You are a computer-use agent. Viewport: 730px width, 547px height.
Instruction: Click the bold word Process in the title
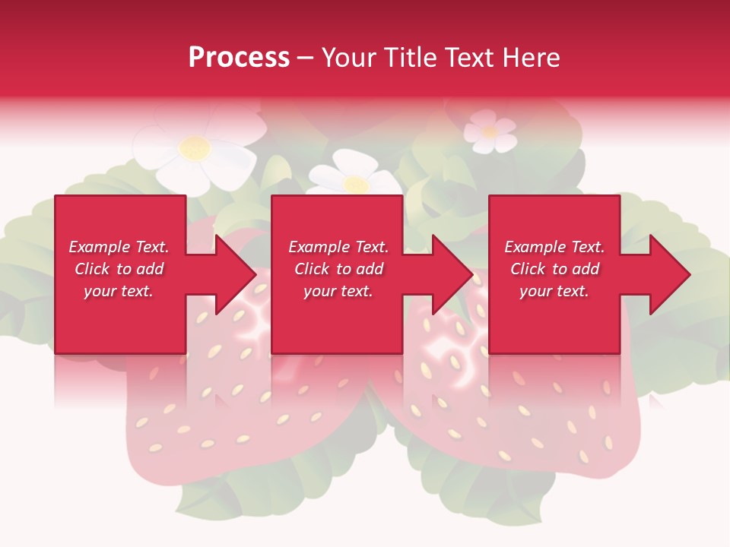[x=239, y=58]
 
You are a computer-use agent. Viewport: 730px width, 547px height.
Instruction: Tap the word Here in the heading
[x=530, y=58]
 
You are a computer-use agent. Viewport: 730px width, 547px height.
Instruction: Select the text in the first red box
[x=119, y=269]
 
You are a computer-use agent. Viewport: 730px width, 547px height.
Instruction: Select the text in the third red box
[x=554, y=269]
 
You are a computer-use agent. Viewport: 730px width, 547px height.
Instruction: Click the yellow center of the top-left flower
[x=195, y=147]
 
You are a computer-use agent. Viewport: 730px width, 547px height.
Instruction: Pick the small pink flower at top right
[x=490, y=131]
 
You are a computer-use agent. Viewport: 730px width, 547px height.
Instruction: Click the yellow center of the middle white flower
[x=355, y=183]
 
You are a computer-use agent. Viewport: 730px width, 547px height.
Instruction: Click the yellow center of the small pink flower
[x=490, y=131]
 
